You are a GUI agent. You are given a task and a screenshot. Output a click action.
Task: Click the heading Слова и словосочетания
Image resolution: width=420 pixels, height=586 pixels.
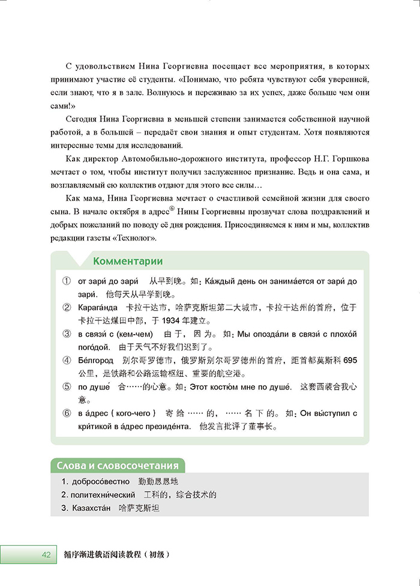pyautogui.click(x=117, y=466)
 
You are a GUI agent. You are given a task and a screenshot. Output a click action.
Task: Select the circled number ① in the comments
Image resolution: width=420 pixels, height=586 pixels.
pyautogui.click(x=67, y=281)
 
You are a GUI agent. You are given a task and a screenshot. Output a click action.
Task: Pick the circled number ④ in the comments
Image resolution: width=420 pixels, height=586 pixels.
pyautogui.click(x=67, y=361)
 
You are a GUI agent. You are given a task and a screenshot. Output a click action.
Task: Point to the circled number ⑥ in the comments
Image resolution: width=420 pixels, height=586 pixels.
pyautogui.click(x=67, y=414)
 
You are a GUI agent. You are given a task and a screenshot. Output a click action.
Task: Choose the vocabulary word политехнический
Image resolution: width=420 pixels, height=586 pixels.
pyautogui.click(x=104, y=495)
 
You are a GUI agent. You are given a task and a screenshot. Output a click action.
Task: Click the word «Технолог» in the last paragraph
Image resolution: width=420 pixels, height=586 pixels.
pyautogui.click(x=135, y=239)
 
